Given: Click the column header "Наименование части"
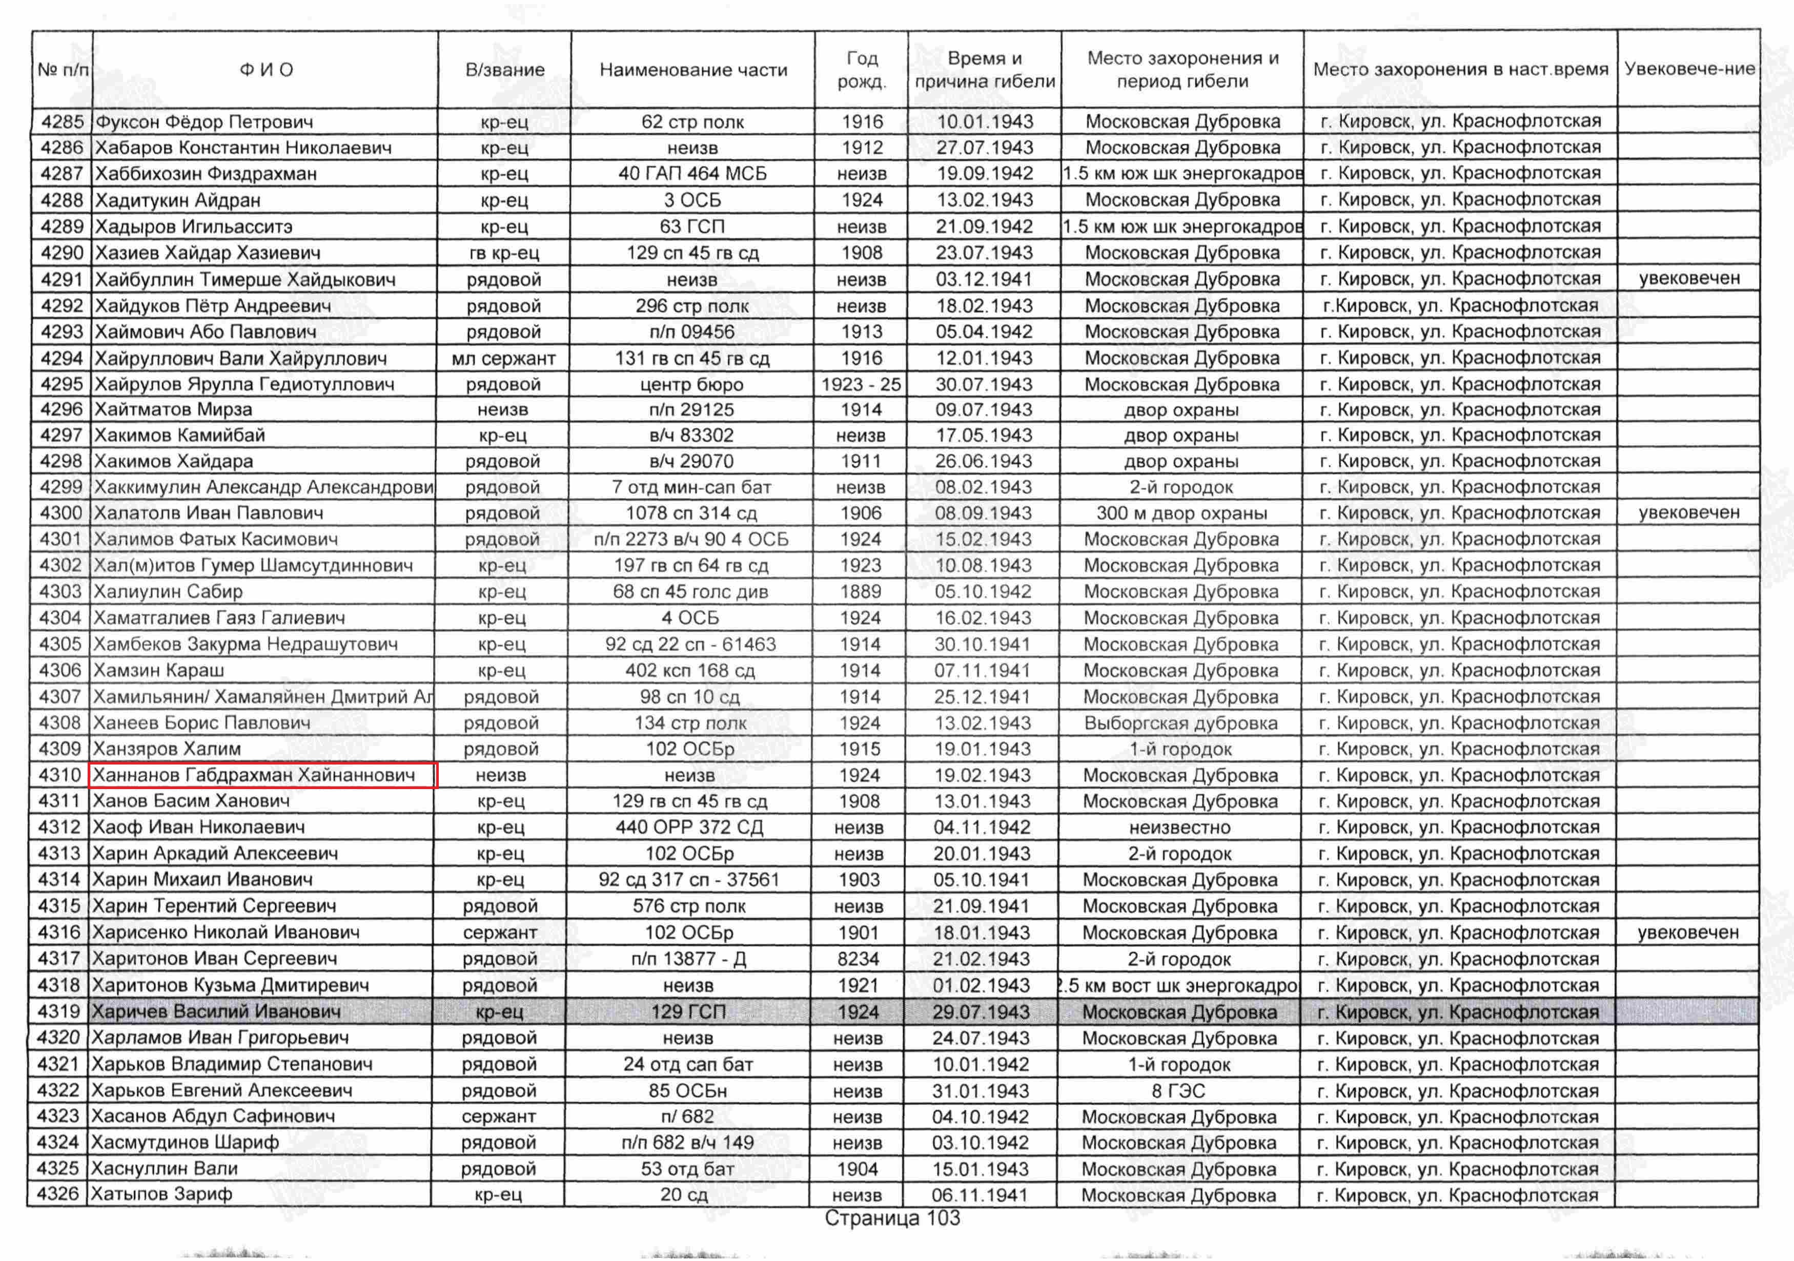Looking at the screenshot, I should click(x=693, y=70).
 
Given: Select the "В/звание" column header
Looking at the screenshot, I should click(x=505, y=70).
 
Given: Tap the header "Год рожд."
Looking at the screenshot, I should click(x=862, y=70).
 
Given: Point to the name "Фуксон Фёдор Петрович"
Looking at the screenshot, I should click(x=204, y=122).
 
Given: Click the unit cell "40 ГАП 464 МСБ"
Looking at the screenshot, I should click(x=692, y=174).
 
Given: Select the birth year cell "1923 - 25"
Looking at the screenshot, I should click(x=861, y=384).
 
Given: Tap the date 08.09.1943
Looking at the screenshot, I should click(x=984, y=513).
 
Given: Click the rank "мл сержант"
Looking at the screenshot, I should click(x=504, y=359).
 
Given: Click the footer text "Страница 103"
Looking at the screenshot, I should click(x=892, y=1218).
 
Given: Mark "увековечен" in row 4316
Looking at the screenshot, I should click(x=1688, y=932).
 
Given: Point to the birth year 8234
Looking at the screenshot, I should click(x=859, y=959).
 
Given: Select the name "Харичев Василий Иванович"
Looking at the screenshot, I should click(x=216, y=1012).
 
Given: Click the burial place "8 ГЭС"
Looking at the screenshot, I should click(x=1179, y=1091).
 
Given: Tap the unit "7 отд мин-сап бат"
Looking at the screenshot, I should click(x=691, y=487).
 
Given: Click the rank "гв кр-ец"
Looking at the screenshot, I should click(x=504, y=253).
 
